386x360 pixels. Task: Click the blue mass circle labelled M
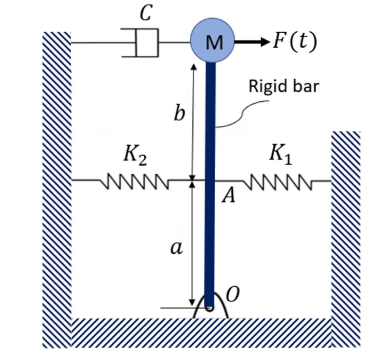pyautogui.click(x=212, y=41)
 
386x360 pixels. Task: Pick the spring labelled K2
pyautogui.click(x=134, y=181)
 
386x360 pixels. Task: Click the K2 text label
pyautogui.click(x=135, y=156)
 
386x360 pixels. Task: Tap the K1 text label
pyautogui.click(x=280, y=155)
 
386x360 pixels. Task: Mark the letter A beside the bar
pyautogui.click(x=228, y=197)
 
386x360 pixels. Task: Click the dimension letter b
pyautogui.click(x=179, y=114)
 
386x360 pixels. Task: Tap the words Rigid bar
pyautogui.click(x=283, y=86)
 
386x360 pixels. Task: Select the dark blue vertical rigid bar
pyautogui.click(x=210, y=175)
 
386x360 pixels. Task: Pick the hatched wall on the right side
pyautogui.click(x=346, y=233)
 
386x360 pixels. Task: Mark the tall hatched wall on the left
pyautogui.click(x=56, y=186)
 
